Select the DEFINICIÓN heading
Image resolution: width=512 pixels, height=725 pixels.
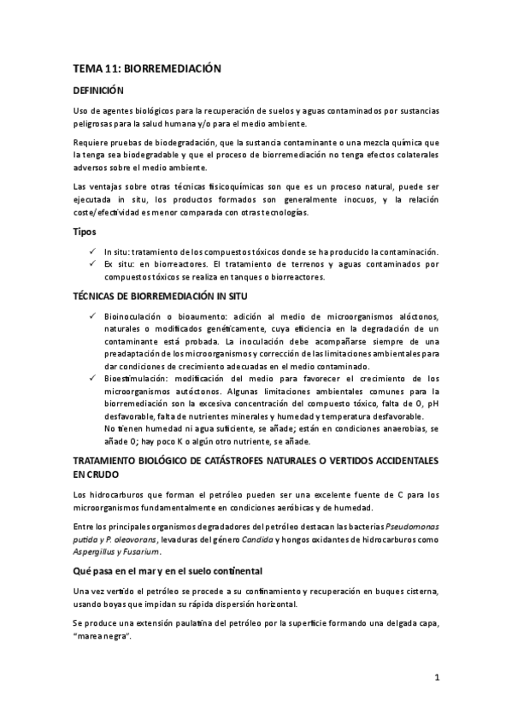pos(99,90)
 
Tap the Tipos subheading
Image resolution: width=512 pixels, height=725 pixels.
pos(84,232)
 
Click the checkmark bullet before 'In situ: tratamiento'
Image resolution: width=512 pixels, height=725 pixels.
pos(92,251)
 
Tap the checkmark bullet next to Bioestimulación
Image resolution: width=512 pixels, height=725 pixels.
pos(92,377)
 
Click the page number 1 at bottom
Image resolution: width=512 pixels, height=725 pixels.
pos(436,679)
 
